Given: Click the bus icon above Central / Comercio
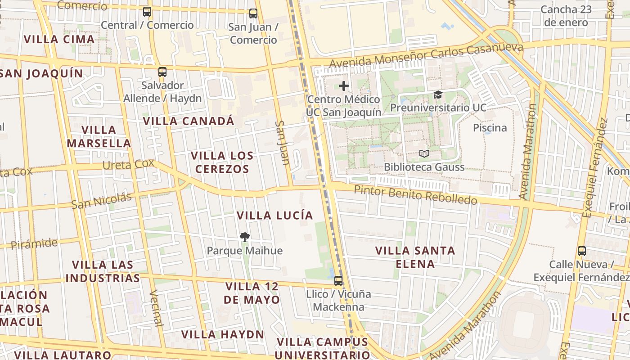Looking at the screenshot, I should coord(147,12).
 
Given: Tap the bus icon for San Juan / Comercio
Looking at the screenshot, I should coord(253,13).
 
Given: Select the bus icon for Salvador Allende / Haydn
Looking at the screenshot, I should coord(162,72).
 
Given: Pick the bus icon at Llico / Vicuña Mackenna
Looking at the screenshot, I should coord(338,281).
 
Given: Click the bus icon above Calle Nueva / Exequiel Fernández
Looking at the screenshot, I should coord(582,251).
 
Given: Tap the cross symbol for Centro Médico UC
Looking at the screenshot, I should coord(344,85).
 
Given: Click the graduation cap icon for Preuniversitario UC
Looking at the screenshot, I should coord(438,94).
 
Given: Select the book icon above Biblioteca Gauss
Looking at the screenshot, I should coord(424,153).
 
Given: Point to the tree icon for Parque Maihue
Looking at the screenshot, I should coord(245,237).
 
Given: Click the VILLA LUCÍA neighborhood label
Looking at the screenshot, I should coord(275,216).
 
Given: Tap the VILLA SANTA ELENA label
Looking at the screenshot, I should coord(415,257).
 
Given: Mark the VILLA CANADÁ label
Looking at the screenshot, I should coord(189,121).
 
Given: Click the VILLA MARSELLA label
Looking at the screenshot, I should coord(99,137).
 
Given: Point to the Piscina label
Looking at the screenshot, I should coord(490,128).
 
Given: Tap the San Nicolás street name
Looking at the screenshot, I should coord(102,201).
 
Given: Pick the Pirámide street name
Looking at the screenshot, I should coord(34,244).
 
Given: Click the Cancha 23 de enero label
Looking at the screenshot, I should coord(565,16).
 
